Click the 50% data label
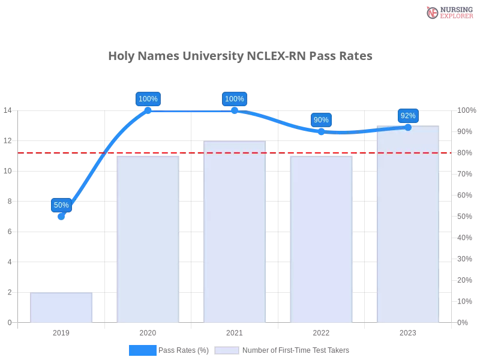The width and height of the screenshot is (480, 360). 61,205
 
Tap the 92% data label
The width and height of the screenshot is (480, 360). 407,116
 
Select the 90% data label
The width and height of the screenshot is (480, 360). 321,120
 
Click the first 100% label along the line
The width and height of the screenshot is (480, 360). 148,99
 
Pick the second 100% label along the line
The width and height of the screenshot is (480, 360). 234,99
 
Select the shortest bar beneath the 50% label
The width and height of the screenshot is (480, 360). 62,307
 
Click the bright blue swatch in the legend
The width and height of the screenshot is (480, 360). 142,350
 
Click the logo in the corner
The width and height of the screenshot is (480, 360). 448,13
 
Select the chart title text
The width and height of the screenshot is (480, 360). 240,56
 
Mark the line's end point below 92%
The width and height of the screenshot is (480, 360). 408,127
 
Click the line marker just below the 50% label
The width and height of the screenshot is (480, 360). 62,217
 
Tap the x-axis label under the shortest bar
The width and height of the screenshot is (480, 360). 62,331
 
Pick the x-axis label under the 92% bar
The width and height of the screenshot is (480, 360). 408,331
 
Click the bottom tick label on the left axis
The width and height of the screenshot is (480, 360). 8,322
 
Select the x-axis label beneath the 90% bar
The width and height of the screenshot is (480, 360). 322,331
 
